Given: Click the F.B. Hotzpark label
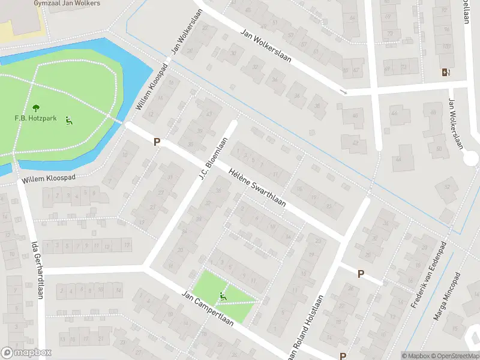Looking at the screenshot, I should click(35, 118).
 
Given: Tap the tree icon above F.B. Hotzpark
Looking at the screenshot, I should click(35, 107).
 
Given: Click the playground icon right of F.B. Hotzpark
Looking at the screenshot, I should click(69, 120).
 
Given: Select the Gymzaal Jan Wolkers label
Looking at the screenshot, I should click(58, 3).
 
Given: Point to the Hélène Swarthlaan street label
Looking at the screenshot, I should click(257, 188).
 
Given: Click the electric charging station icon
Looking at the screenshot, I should click(445, 73).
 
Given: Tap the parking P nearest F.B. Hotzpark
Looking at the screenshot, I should click(157, 142).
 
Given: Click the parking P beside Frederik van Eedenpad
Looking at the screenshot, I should click(361, 274).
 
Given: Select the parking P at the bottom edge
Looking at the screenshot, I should click(343, 355).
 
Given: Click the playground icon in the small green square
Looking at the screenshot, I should click(223, 296).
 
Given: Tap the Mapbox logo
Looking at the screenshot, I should click(26, 353).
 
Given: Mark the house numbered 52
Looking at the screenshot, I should click(446, 187).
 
